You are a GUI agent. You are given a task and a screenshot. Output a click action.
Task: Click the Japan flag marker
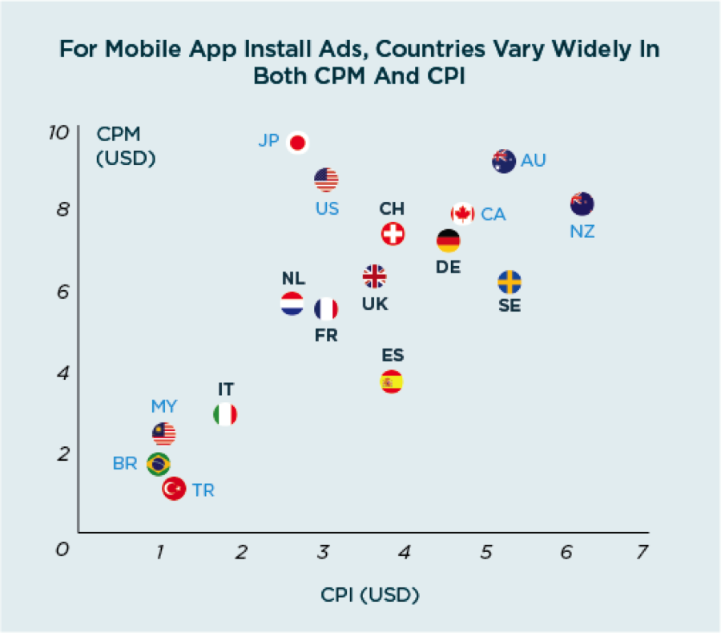[298, 143]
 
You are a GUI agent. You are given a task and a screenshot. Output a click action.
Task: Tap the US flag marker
[326, 180]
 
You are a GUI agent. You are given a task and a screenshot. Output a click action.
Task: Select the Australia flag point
[503, 161]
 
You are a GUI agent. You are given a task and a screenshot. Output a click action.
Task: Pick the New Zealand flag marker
[582, 204]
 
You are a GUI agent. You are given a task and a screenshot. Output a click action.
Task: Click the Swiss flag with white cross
[393, 234]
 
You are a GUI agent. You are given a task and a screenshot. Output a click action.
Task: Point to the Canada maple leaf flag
[462, 214]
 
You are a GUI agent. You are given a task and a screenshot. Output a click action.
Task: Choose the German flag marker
[448, 240]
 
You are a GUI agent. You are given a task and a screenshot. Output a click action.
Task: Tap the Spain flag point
[391, 382]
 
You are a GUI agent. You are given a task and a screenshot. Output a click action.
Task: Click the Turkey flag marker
[174, 488]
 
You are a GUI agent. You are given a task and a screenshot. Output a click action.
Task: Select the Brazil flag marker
[159, 463]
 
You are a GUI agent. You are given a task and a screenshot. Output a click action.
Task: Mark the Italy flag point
[225, 414]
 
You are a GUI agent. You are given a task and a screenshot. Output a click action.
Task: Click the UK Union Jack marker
[374, 276]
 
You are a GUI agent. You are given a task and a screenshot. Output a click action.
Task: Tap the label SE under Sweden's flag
[510, 305]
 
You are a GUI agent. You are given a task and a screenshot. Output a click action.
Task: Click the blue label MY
[164, 405]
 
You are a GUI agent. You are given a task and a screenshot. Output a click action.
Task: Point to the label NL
[293, 278]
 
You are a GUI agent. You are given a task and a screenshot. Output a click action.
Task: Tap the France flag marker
[326, 309]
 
